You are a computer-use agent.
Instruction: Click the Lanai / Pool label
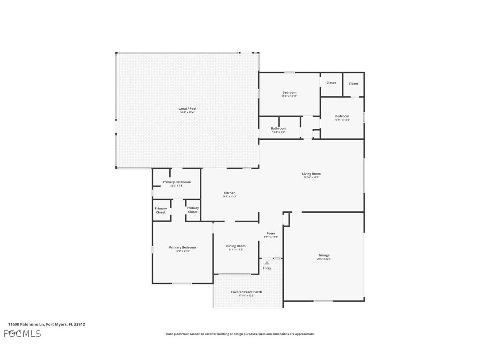point(187,108)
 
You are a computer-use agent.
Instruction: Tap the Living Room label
point(311,174)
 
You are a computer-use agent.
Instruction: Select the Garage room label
point(324,255)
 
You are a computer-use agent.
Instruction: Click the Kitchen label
point(229,193)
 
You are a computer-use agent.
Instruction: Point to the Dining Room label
point(236,246)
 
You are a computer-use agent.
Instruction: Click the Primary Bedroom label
point(182,247)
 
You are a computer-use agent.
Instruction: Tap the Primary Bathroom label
point(176,182)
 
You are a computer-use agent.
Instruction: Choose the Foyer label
point(271,234)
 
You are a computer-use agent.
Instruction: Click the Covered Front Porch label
point(246,292)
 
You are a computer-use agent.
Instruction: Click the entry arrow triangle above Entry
point(267,263)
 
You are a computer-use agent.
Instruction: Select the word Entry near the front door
point(267,268)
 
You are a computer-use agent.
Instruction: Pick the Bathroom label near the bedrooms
point(278,128)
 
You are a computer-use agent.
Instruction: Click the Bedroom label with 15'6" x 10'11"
point(290,92)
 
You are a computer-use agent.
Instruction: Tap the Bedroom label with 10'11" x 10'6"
point(342,116)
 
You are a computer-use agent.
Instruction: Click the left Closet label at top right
point(331,83)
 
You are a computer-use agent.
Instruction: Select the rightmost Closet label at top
point(354,84)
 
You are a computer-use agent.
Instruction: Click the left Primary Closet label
point(161,210)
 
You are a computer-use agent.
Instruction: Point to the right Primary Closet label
point(193,210)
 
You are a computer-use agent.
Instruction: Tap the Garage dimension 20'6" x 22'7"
point(324,259)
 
